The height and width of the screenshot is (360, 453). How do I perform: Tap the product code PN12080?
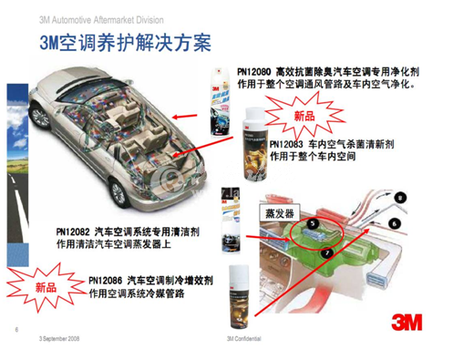point(255,70)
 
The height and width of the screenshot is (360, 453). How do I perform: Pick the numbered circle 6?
point(393,221)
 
